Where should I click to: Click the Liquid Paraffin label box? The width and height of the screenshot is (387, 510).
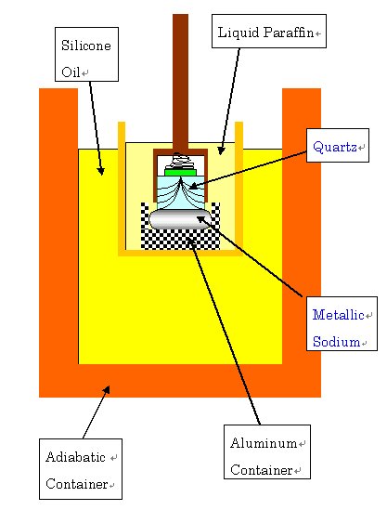click(269, 31)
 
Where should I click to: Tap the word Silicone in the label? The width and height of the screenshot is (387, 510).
click(86, 46)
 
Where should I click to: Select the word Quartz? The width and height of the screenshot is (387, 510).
click(335, 147)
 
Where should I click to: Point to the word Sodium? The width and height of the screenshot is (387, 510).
click(336, 342)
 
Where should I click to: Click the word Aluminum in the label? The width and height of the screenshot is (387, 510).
click(264, 443)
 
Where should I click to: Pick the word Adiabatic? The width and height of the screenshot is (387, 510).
click(75, 457)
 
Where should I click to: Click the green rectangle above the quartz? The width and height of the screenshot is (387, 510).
click(180, 172)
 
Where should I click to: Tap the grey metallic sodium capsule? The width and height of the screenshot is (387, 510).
click(180, 219)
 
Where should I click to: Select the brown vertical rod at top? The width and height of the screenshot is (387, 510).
click(180, 82)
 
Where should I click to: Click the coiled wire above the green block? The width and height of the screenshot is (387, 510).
click(180, 161)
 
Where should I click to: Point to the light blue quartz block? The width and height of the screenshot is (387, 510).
click(181, 192)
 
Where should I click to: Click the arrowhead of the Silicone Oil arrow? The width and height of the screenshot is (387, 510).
click(101, 171)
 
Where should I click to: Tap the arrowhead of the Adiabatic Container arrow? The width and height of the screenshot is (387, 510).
click(107, 389)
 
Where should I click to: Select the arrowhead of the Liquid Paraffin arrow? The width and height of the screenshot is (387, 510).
click(221, 150)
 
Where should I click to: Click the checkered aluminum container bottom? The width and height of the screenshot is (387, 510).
click(180, 240)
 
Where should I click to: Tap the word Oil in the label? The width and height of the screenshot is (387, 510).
click(71, 72)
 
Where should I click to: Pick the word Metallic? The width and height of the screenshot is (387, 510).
click(338, 315)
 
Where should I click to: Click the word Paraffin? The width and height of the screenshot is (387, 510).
click(289, 33)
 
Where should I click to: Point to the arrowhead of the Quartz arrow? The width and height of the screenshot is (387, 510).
click(193, 187)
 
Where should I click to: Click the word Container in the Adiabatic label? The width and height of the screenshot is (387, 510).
click(77, 484)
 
